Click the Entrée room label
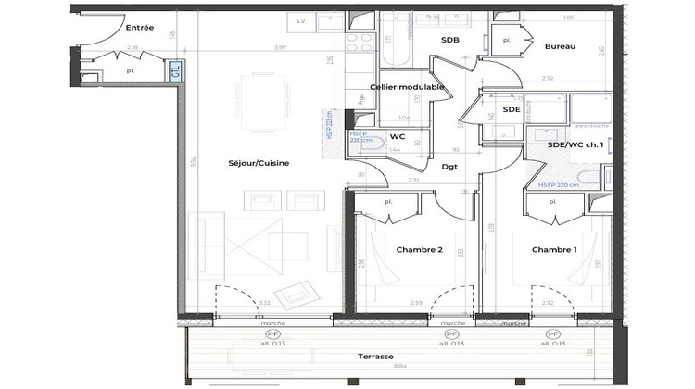click(139, 28)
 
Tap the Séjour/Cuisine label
click(259, 163)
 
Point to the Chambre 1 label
click(554, 251)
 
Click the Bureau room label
click(560, 46)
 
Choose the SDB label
click(450, 40)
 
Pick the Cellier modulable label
click(407, 87)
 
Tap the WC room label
click(398, 136)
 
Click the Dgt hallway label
click(449, 167)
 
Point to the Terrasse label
click(376, 357)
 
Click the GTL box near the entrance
click(173, 70)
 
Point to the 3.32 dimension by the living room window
click(264, 303)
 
